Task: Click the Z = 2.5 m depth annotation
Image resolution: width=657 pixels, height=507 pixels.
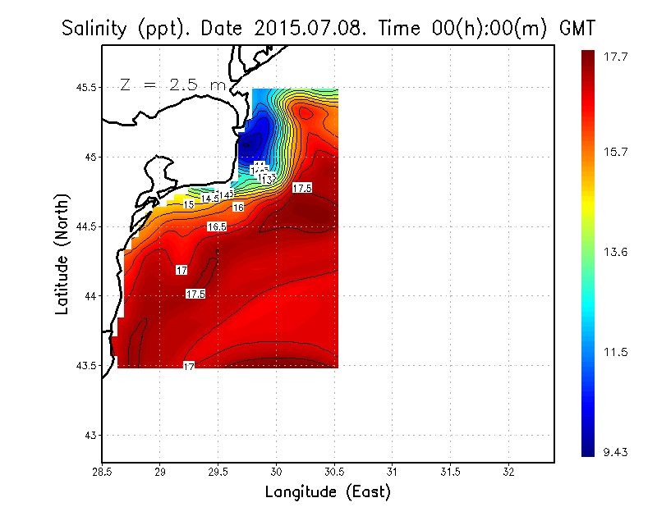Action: (x=172, y=84)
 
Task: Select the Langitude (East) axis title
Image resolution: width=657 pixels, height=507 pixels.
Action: (x=327, y=492)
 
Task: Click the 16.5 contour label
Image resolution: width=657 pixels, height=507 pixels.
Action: (x=216, y=226)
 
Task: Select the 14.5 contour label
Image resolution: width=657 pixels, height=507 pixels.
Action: (x=210, y=199)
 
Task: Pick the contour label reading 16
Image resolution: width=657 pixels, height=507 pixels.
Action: (x=238, y=208)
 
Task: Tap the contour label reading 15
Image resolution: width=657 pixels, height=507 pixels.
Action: (x=188, y=204)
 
